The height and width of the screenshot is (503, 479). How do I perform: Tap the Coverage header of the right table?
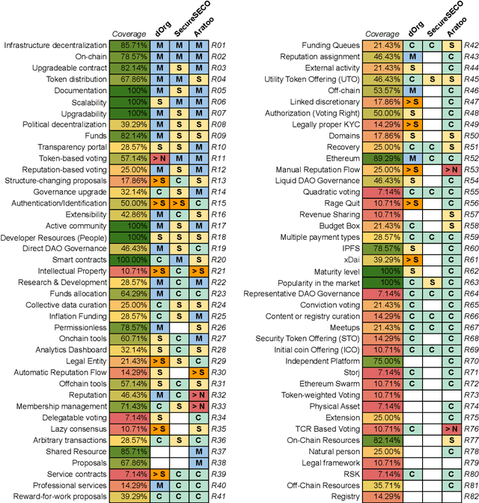[383, 34]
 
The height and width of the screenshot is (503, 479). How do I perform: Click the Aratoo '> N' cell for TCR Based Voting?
[451, 429]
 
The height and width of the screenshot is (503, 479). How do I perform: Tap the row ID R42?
[471, 46]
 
